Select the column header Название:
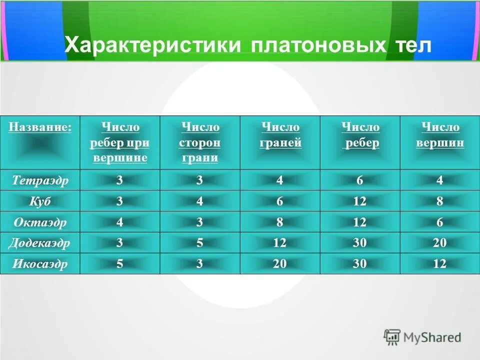point(40,127)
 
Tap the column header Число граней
point(280,135)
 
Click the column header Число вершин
point(440,135)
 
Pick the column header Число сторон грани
point(200,142)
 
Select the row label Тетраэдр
point(40,180)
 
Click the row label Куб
point(40,201)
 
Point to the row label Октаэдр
point(40,222)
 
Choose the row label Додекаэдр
point(40,243)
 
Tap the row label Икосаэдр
point(40,264)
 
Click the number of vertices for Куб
point(440,201)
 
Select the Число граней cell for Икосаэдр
point(280,264)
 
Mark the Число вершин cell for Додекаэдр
point(440,243)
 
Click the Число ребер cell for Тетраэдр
point(360,180)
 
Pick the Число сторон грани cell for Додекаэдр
point(200,243)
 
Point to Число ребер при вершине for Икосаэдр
point(120,264)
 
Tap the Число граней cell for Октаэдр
point(280,222)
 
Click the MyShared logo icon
point(392,337)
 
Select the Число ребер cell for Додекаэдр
point(360,243)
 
